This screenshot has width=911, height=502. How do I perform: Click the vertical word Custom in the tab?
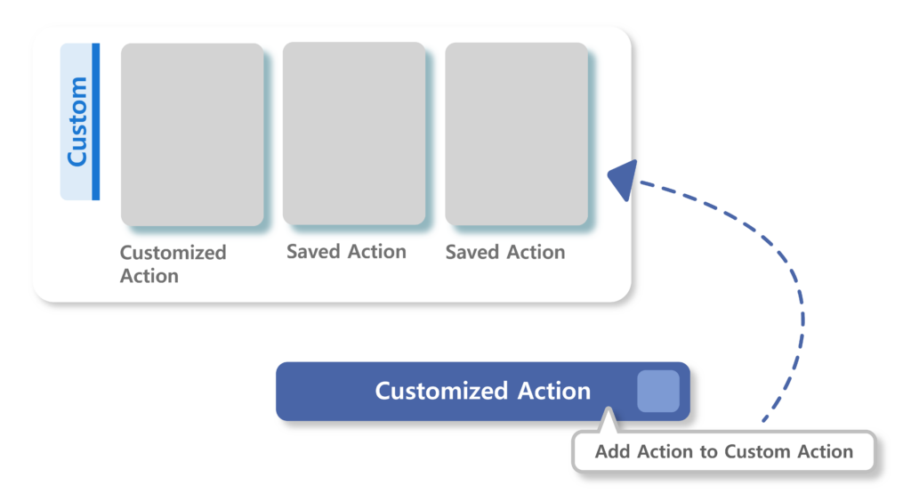77,121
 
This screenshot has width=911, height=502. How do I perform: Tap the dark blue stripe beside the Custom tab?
96,121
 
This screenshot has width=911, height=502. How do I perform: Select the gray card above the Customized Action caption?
192,134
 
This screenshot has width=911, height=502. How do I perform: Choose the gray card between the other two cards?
354,134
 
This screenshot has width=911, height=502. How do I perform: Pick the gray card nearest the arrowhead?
516,134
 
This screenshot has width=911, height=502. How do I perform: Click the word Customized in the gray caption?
173,253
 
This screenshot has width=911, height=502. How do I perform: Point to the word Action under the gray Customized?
149,276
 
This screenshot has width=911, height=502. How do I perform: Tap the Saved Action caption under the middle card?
346,252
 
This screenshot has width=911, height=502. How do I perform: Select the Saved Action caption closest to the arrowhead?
505,253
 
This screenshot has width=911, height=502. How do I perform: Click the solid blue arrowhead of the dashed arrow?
624,179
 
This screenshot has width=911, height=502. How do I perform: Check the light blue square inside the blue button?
658,391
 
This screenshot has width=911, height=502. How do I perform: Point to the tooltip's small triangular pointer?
609,421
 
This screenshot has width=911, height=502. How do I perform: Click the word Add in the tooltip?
612,451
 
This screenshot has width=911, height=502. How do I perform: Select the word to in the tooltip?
708,451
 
